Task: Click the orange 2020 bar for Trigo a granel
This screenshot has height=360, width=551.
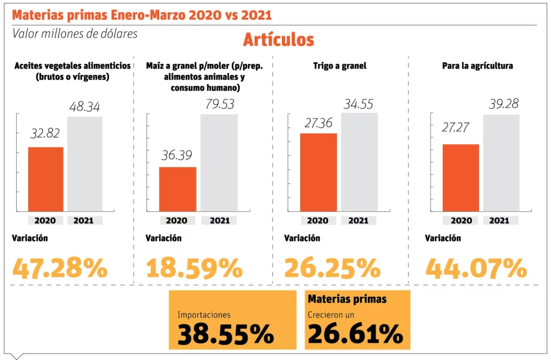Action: click(x=319, y=172)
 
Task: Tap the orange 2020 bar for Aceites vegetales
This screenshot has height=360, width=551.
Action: click(x=46, y=179)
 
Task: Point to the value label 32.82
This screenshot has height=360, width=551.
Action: click(x=45, y=133)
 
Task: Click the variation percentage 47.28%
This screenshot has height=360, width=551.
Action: click(x=60, y=268)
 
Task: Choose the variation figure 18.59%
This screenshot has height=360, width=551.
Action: click(x=194, y=268)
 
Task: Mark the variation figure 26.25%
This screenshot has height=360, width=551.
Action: click(x=333, y=268)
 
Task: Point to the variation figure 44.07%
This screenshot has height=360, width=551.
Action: click(x=476, y=268)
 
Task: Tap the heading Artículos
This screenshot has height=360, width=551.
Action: click(x=278, y=39)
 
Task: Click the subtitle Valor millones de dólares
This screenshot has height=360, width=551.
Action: click(x=75, y=33)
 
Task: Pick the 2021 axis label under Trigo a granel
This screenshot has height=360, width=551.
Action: click(x=358, y=220)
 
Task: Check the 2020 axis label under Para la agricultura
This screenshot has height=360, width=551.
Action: click(x=461, y=220)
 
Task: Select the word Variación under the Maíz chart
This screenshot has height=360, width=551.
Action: click(x=164, y=238)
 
